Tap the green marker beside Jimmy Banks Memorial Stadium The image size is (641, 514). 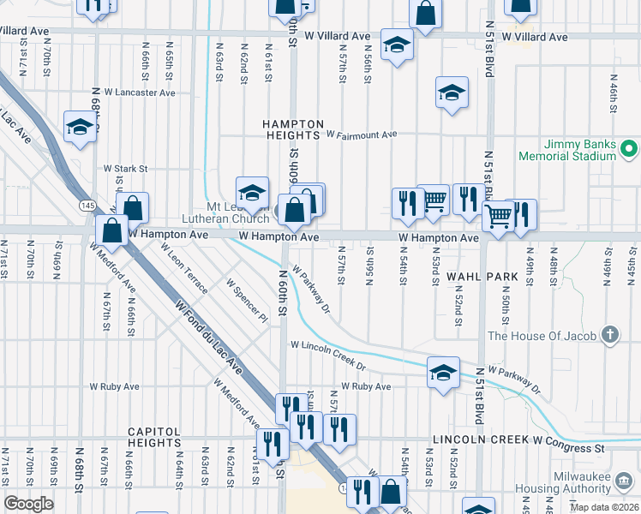pos(630,150)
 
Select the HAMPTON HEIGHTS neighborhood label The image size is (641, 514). pos(293,129)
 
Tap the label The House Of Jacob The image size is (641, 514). pos(542,335)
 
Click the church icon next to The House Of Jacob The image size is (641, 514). pos(609,334)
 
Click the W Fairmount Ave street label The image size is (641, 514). pos(362,135)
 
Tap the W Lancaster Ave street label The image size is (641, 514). pos(140,93)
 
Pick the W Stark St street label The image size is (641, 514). pos(126,169)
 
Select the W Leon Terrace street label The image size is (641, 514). pos(183,267)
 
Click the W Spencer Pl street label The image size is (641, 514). pos(248,301)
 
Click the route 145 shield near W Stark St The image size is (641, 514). pos(87,206)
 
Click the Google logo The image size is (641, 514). pos(29,504)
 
